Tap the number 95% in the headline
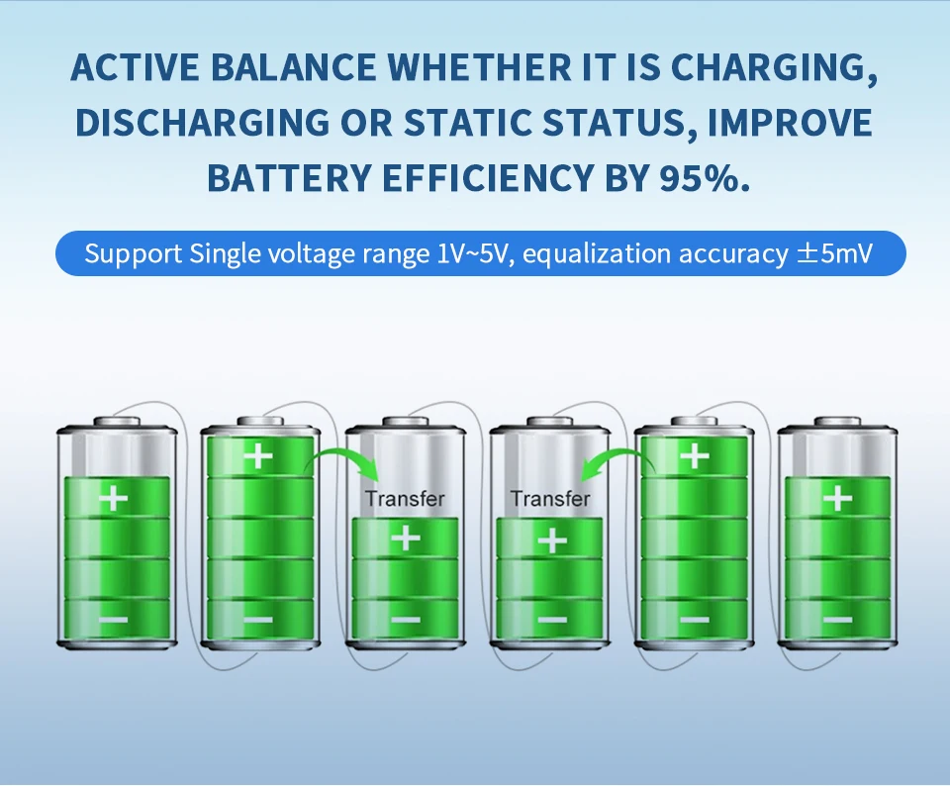pos(705,178)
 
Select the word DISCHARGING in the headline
pos(202,123)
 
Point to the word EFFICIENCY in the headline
pos(488,178)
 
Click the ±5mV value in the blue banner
pos(834,253)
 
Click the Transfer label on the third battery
pos(405,499)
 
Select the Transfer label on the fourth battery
pos(549,499)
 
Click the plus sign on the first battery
pos(113,498)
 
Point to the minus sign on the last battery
pos(838,620)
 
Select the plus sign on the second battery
pos(258,454)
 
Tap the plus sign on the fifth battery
pos(695,454)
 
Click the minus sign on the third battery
pos(406,620)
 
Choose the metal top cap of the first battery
pos(117,422)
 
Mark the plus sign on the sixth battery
pos(838,498)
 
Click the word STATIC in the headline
pos(467,123)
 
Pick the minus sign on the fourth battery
pos(551,620)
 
